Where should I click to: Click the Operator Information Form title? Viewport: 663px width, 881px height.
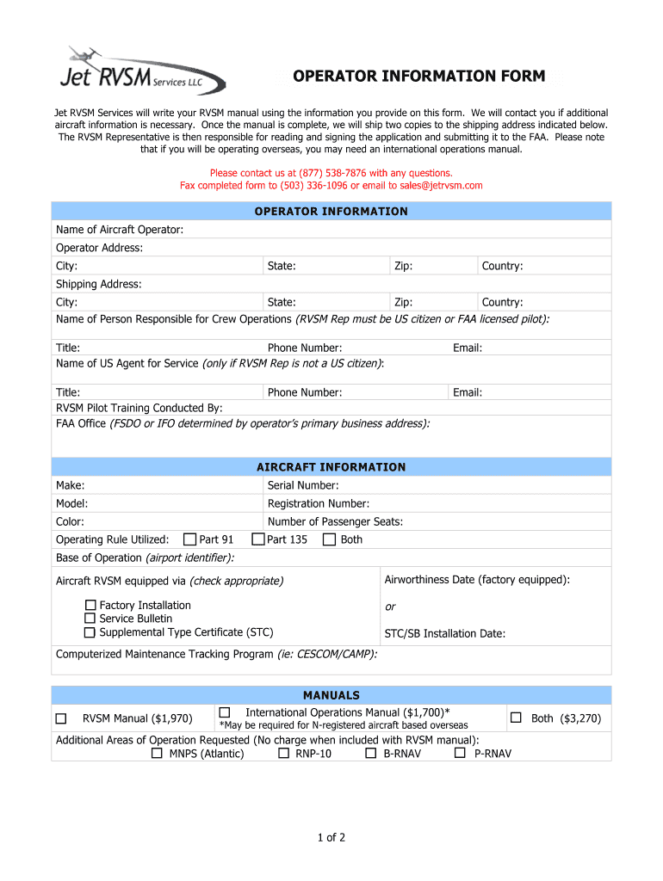[x=418, y=77]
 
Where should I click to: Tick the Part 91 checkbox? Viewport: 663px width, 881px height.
[x=190, y=539]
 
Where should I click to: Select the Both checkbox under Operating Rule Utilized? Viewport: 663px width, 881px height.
[x=329, y=539]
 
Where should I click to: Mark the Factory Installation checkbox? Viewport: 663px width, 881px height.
[x=90, y=605]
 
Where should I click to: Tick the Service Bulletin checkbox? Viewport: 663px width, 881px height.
[x=90, y=619]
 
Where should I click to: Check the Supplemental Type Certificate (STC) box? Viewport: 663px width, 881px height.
[x=90, y=632]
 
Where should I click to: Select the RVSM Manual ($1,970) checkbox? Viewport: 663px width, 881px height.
[x=61, y=718]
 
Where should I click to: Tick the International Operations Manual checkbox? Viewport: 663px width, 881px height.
[x=225, y=712]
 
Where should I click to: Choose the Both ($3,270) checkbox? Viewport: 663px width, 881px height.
[x=517, y=718]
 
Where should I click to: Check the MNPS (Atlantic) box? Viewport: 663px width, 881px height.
[x=157, y=753]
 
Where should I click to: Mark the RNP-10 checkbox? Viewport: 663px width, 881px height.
[x=283, y=753]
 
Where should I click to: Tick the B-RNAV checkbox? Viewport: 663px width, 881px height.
[x=371, y=753]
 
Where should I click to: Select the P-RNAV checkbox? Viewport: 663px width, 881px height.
[x=460, y=753]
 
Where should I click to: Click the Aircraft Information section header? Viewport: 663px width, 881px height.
[x=331, y=467]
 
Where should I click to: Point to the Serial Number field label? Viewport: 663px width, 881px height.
[x=303, y=485]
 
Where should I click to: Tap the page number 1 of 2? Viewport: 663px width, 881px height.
[x=331, y=837]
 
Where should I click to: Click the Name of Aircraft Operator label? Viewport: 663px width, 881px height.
[x=120, y=230]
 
